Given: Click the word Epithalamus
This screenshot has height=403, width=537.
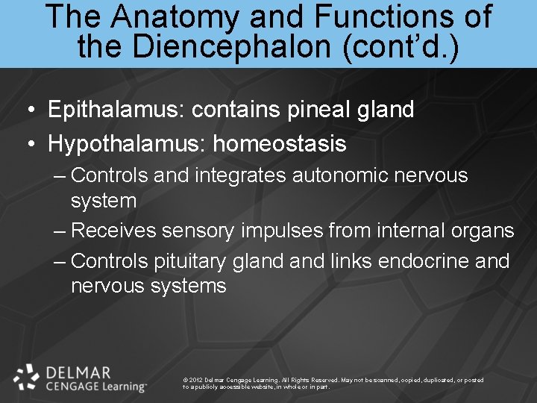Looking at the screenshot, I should (x=116, y=110).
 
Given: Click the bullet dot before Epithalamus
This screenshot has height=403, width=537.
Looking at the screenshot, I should (x=29, y=110).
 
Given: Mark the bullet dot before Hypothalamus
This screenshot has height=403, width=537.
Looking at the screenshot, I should (x=29, y=144).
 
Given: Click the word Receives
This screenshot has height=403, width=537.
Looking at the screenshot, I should (x=113, y=231).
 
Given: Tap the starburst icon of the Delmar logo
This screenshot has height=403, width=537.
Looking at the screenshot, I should (x=26, y=377).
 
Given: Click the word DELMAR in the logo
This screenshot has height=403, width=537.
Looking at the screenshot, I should (x=78, y=371).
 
